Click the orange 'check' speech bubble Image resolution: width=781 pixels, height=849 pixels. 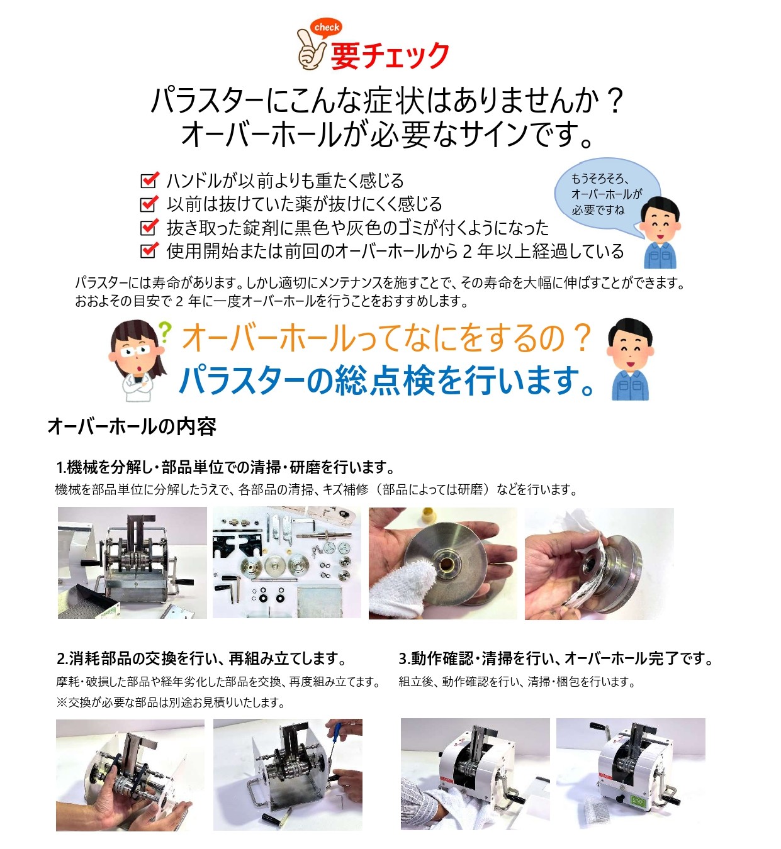[326, 28]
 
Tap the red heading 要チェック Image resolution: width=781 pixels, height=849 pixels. [390, 56]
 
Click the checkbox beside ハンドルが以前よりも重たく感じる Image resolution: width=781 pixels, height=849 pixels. [149, 180]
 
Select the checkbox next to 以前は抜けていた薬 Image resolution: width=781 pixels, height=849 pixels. [149, 204]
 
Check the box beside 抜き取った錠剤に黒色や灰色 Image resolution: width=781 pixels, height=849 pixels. [149, 227]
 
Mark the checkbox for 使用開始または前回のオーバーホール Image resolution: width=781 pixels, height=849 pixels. [149, 250]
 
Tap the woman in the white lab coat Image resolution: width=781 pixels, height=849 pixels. [138, 361]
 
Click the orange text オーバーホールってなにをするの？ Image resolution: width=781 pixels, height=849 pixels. [386, 338]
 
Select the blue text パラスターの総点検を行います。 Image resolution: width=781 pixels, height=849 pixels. [386, 380]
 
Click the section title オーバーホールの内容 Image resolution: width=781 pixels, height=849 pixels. [132, 426]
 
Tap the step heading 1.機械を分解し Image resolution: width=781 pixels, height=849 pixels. [226, 467]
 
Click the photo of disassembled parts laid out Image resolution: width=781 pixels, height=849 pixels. [286, 563]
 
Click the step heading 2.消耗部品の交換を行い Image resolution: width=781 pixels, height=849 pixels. [201, 658]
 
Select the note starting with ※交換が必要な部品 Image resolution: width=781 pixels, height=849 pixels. [171, 702]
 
